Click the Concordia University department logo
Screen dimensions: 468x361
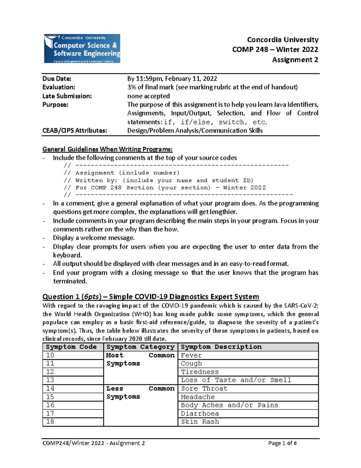tap(82, 49)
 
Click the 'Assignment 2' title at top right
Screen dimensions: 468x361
tap(295, 60)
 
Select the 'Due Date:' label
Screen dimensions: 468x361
tap(57, 79)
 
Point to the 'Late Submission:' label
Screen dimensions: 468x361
tap(67, 96)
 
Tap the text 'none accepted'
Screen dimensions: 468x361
tap(148, 96)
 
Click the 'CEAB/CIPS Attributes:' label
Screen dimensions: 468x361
tap(75, 130)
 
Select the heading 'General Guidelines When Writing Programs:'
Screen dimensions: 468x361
tap(107, 149)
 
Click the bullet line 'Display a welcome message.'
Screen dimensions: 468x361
tap(94, 238)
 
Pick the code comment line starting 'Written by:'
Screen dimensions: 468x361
tap(164, 180)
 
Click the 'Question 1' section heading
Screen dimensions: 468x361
tap(150, 297)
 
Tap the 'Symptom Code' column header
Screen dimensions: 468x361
tap(71, 347)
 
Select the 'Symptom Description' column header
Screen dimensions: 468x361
tap(221, 347)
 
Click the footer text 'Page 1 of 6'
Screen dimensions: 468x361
tap(282, 443)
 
